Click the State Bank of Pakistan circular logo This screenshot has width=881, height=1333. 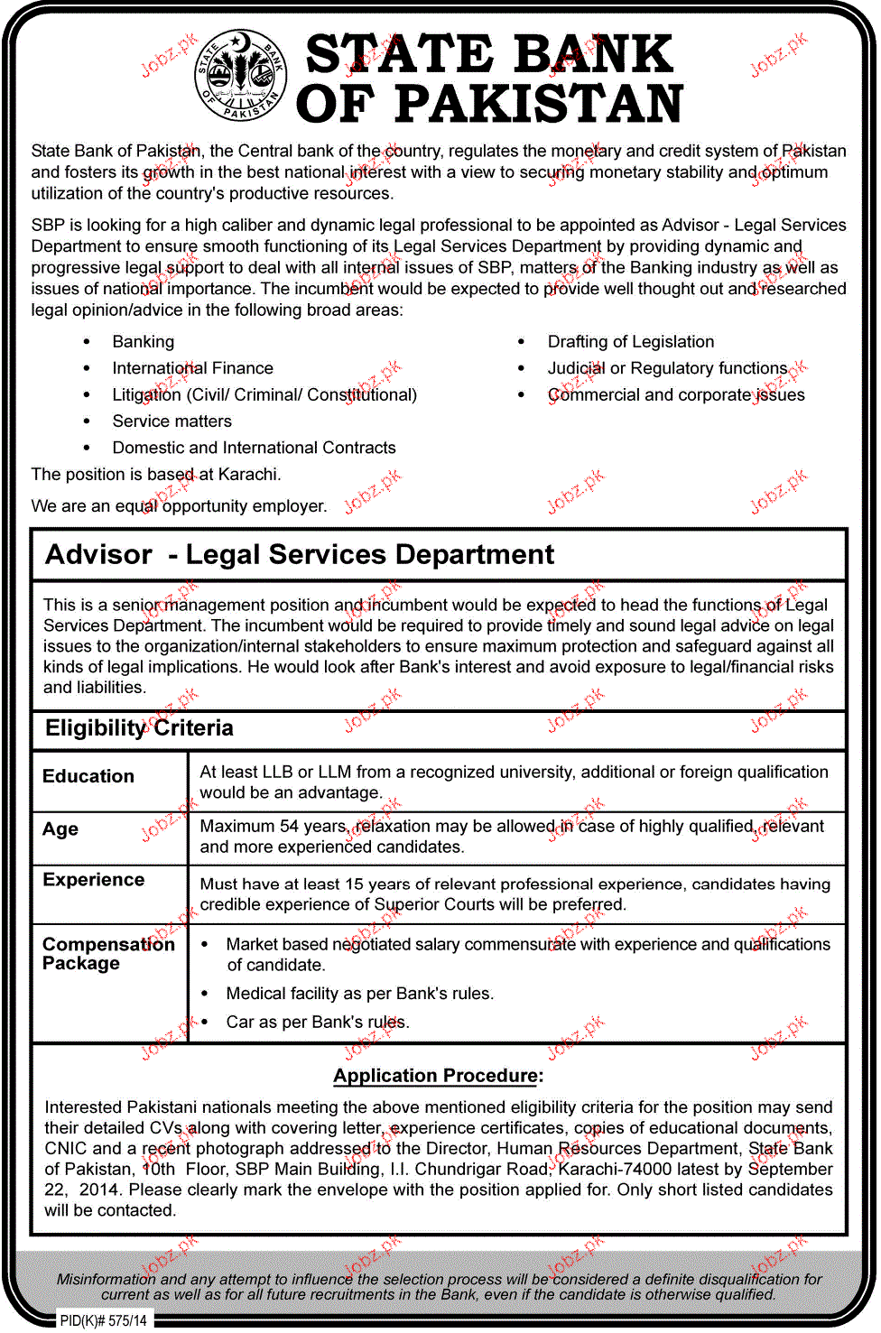click(241, 76)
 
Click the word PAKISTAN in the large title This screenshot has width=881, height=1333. click(539, 105)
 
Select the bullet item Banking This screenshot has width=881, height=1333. click(143, 342)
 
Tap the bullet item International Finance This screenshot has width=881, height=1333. click(192, 368)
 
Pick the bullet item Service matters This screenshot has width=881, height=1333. click(172, 421)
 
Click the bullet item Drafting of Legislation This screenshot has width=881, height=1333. click(630, 342)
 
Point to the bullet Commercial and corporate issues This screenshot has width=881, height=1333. click(675, 395)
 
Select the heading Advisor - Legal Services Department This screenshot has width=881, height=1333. click(300, 554)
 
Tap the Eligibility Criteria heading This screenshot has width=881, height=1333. click(139, 728)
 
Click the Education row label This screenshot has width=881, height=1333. click(88, 776)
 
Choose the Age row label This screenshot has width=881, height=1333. click(60, 829)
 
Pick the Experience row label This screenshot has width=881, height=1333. click(94, 880)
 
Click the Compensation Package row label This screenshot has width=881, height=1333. click(108, 954)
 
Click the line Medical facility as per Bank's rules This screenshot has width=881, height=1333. click(359, 994)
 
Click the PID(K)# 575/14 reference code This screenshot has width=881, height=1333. click(103, 1320)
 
